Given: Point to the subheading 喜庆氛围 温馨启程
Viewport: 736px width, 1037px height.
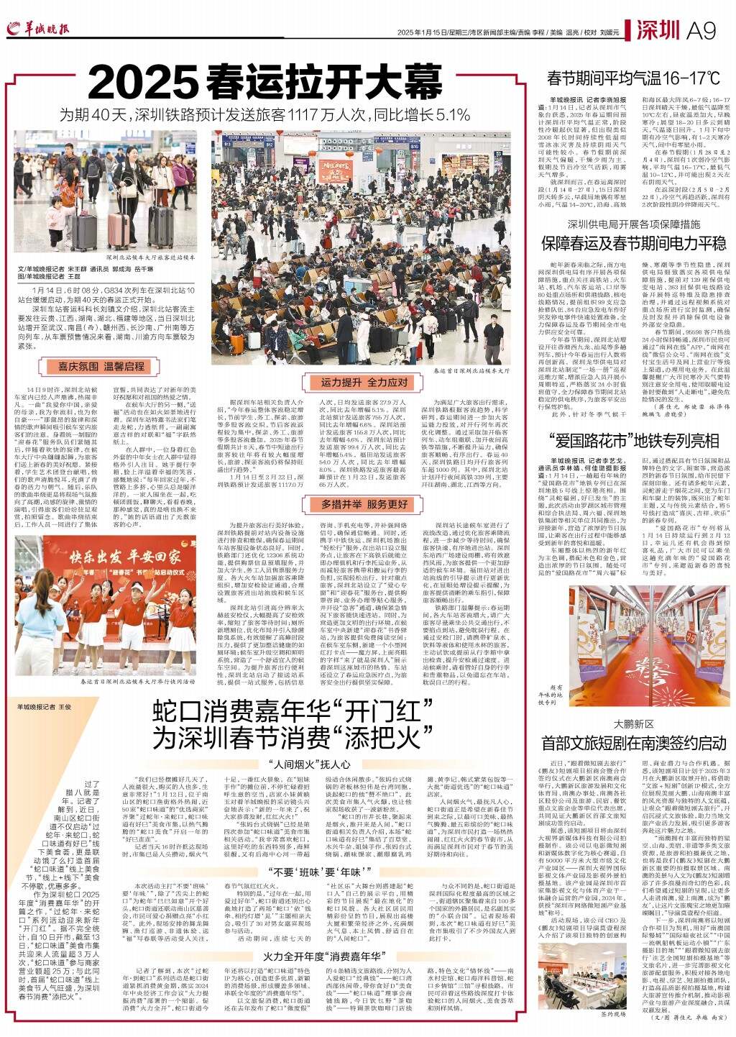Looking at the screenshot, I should point(101,366).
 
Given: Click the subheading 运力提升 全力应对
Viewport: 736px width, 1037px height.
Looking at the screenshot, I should point(364,383).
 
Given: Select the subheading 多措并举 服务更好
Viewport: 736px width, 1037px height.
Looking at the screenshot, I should point(364,485).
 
